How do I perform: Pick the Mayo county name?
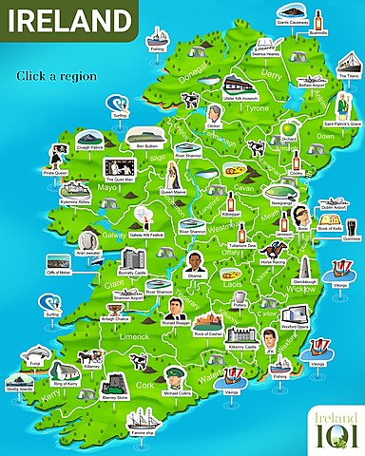106,189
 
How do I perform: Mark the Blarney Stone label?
115,399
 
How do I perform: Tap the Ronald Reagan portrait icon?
173,306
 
